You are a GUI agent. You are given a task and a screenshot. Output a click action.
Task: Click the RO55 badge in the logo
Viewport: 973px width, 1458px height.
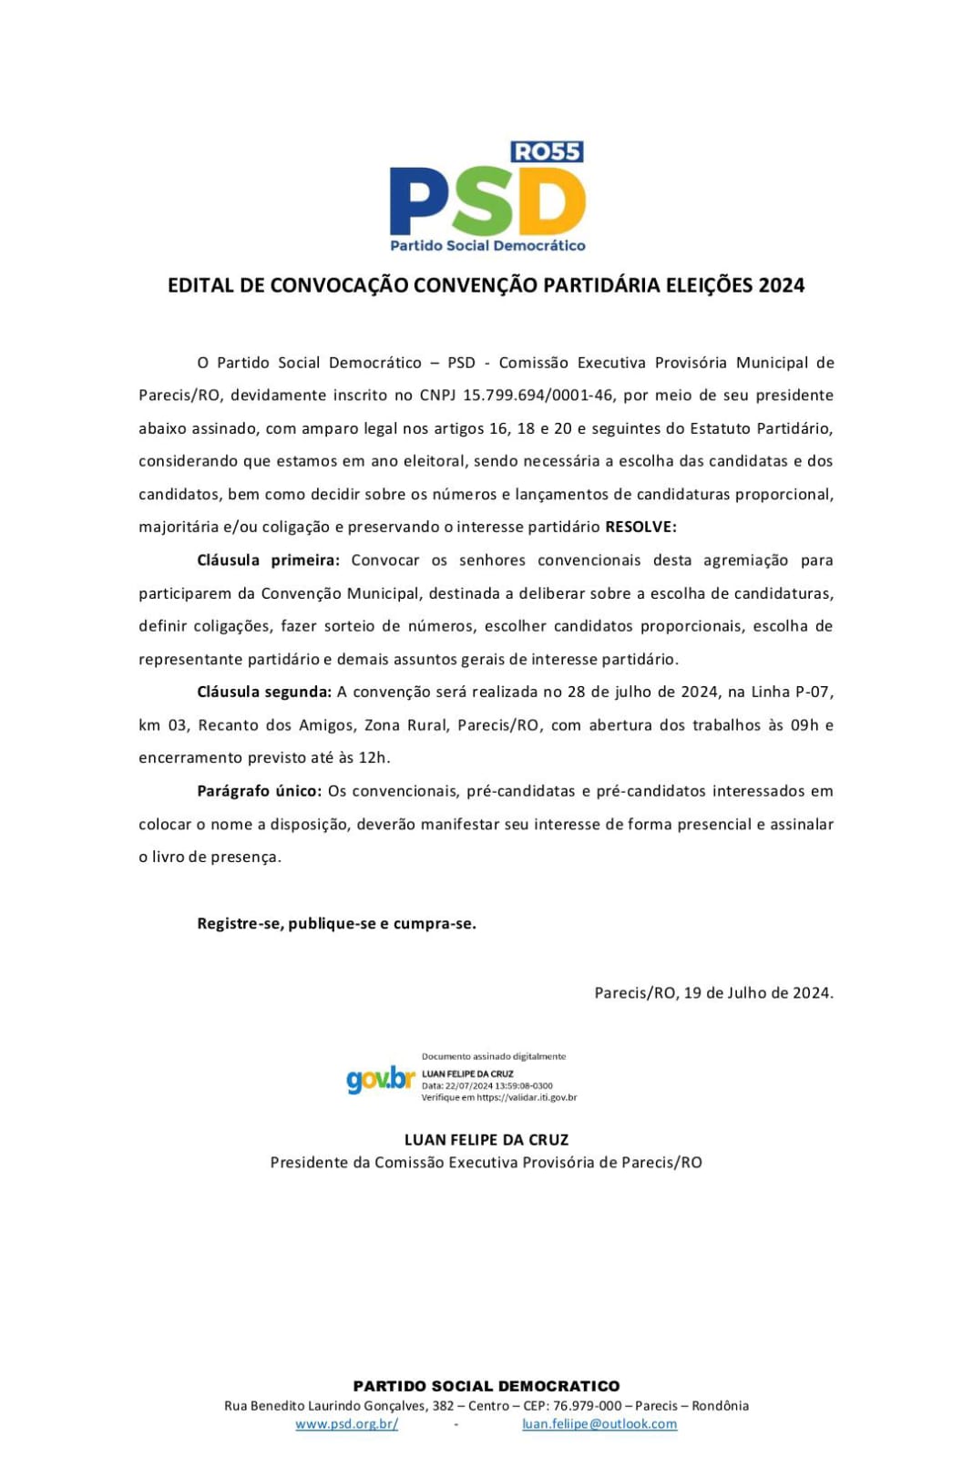coord(547,152)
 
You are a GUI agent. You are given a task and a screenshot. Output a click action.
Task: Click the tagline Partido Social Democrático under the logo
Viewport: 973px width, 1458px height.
coord(487,245)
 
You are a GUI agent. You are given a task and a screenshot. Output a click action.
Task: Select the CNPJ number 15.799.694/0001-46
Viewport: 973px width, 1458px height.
coord(540,395)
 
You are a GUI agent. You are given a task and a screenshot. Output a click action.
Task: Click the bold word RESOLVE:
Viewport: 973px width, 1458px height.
coord(640,527)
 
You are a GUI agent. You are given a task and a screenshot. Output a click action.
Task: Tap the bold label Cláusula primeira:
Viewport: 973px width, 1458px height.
coord(268,560)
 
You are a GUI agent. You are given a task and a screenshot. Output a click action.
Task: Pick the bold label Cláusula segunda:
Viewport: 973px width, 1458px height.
coord(264,692)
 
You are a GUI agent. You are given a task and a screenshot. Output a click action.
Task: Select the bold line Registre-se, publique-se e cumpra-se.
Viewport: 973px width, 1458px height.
coord(336,923)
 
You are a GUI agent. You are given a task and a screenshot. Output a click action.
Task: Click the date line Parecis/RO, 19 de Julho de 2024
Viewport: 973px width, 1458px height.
coord(713,992)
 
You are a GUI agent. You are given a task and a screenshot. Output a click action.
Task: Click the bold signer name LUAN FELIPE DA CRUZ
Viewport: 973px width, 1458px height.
coord(486,1139)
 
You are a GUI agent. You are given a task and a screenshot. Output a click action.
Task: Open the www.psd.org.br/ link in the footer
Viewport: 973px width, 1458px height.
coord(346,1423)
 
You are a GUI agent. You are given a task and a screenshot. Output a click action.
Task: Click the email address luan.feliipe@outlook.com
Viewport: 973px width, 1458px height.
coord(599,1423)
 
